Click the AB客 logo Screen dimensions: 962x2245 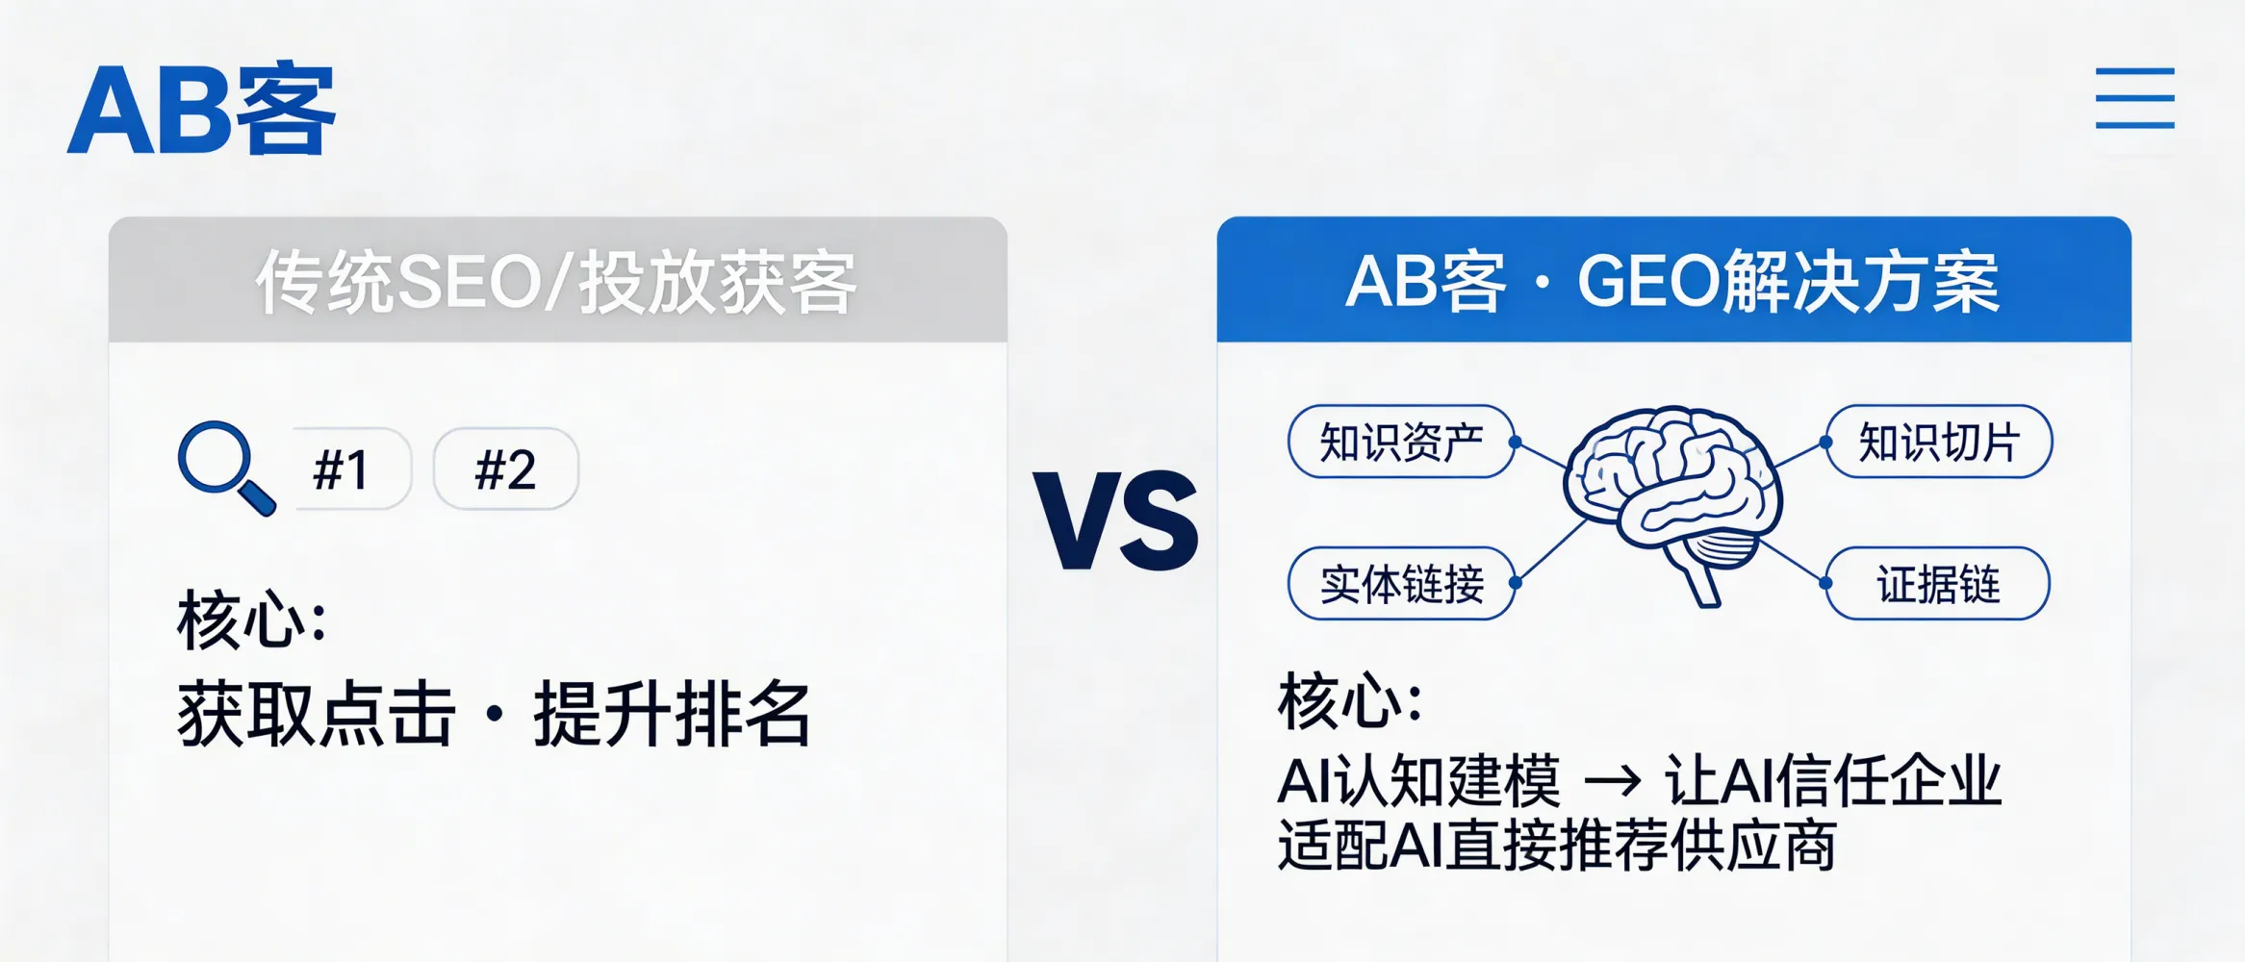201,110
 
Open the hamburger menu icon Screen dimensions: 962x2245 2134,98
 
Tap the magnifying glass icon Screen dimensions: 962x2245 224,468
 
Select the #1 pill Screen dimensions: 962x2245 343,470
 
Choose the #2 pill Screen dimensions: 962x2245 506,470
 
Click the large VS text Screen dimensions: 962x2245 1115,520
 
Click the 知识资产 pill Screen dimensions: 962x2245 1401,443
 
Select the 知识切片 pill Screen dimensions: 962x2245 1938,443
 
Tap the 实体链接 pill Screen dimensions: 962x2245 1401,584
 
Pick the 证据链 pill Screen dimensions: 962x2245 1938,584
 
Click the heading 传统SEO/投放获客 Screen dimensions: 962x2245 556,282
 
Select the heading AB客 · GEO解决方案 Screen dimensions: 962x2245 1672,282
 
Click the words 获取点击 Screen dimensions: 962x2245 316,714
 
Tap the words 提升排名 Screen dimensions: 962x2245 673,714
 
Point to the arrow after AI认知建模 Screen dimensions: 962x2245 1612,781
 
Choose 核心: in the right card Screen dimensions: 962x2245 1350,702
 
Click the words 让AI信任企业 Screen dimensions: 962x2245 1833,781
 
